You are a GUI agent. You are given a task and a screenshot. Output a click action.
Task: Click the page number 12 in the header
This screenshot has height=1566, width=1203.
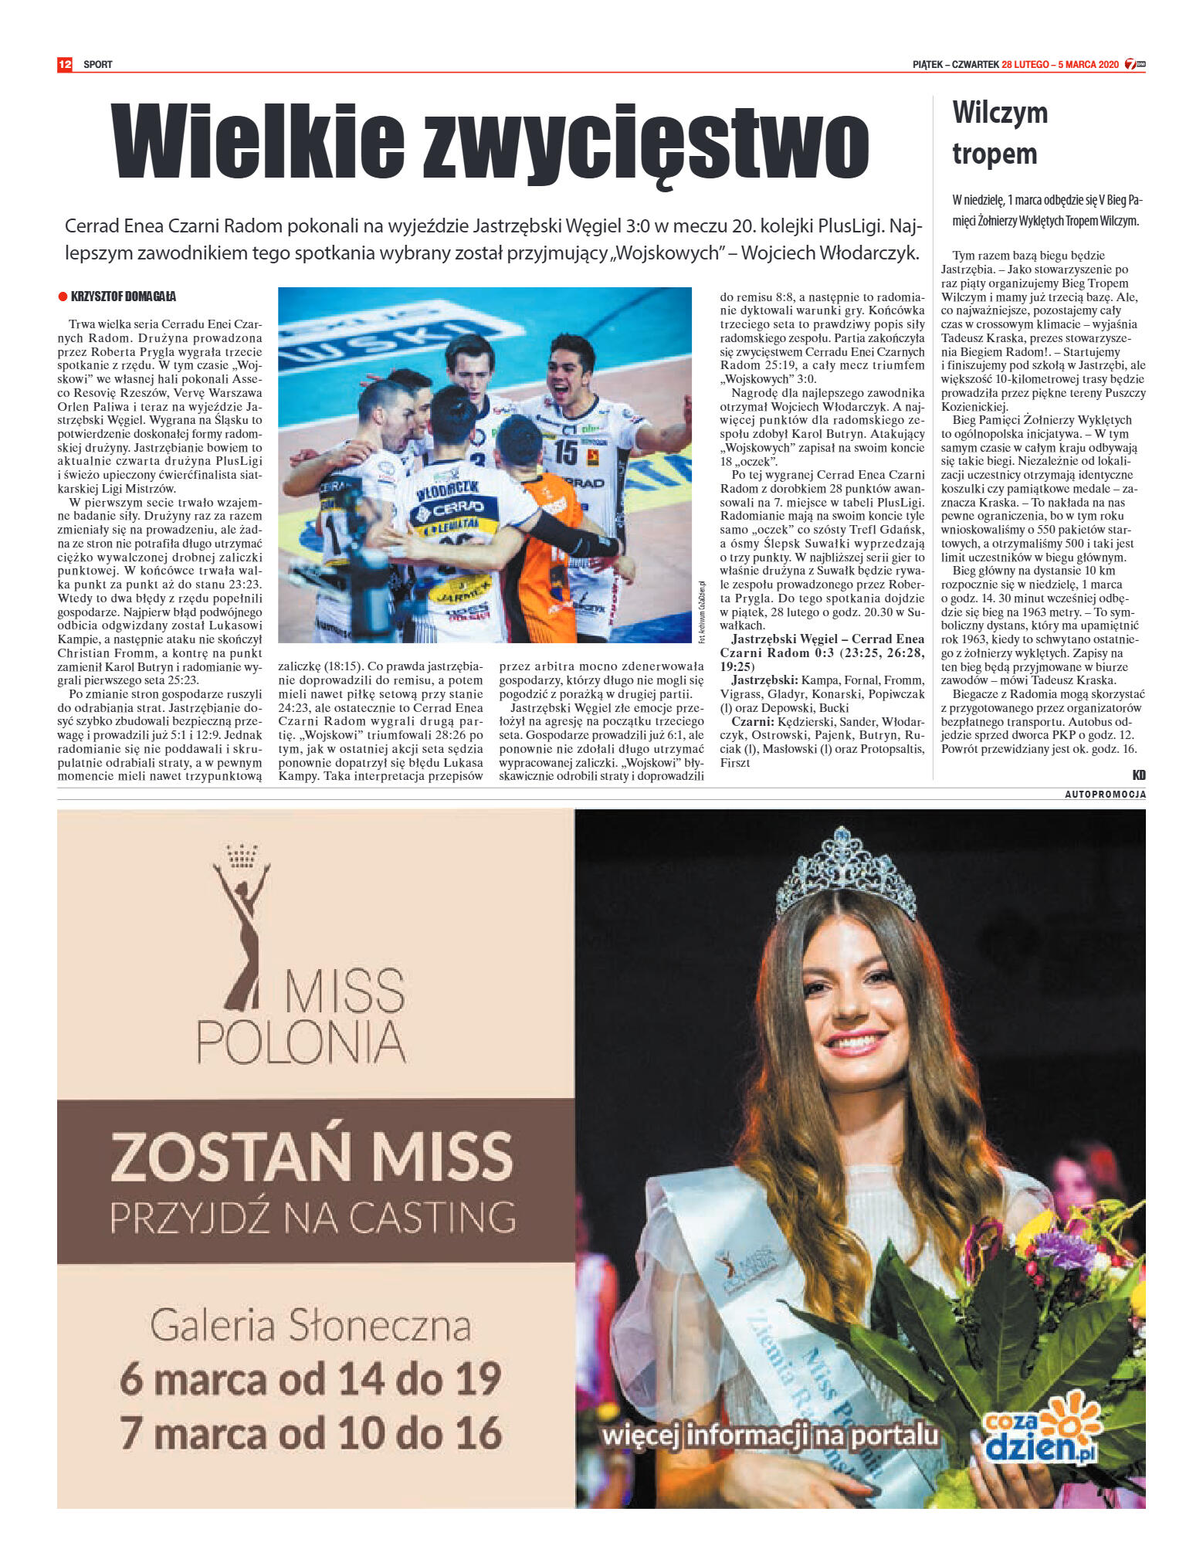pos(65,64)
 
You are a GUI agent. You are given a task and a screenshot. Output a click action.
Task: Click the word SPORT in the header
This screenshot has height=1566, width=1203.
pos(98,65)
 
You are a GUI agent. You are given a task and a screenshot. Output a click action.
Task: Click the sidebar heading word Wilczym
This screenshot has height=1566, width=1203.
pos(1000,113)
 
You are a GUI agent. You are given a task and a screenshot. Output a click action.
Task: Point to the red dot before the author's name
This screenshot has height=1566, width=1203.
pos(63,297)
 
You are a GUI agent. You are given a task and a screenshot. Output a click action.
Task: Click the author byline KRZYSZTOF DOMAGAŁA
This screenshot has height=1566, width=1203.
pos(124,297)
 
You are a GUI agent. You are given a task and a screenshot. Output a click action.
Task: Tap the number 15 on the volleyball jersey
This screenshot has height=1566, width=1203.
pos(566,452)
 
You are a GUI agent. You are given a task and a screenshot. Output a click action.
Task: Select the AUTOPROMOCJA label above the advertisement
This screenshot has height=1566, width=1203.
pos(1105,795)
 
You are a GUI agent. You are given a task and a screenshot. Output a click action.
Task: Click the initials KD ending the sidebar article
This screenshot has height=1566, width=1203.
pos(1139,775)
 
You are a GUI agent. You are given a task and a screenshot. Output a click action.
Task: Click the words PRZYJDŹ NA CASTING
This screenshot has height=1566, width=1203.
pos(313,1217)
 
